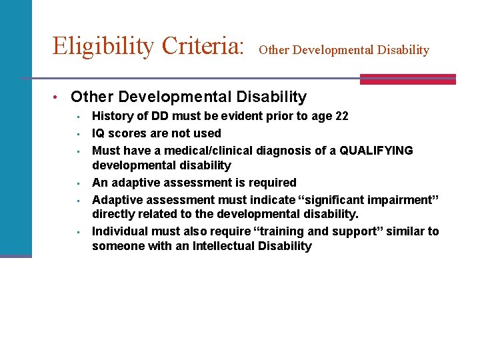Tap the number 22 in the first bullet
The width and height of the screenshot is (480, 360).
pyautogui.click(x=341, y=116)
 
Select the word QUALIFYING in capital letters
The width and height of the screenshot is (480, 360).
pyautogui.click(x=376, y=151)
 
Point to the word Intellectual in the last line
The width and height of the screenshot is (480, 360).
pyautogui.click(x=224, y=246)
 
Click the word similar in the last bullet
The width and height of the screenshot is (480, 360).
pyautogui.click(x=406, y=231)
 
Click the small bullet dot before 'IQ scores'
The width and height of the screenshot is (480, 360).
pyautogui.click(x=78, y=134)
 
